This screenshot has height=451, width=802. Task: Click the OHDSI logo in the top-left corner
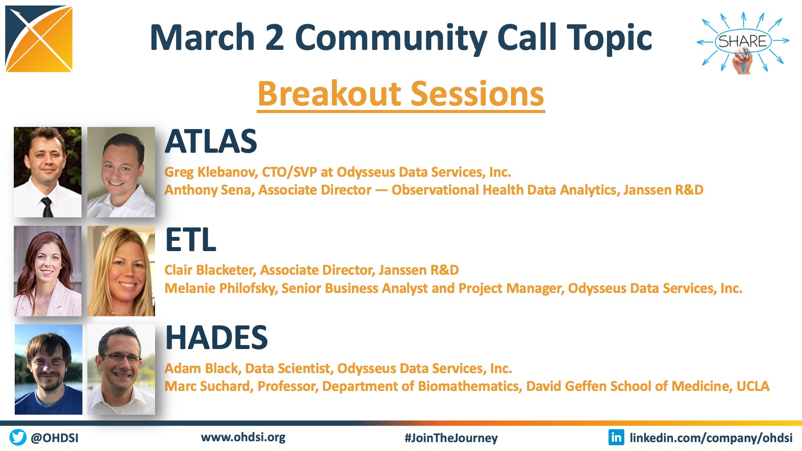[39, 39]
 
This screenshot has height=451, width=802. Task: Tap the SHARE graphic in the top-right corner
[743, 42]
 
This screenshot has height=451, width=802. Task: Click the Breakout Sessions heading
[401, 94]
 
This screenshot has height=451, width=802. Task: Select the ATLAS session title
[211, 142]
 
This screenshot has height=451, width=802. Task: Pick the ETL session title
[191, 240]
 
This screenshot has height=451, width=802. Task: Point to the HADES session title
[217, 338]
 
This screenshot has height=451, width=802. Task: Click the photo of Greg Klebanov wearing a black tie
[48, 172]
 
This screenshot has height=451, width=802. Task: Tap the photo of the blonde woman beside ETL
[121, 271]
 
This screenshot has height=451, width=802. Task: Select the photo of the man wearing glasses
[121, 370]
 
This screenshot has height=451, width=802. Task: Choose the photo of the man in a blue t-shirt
[49, 370]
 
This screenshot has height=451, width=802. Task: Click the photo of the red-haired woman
[48, 271]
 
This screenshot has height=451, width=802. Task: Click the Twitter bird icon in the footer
[18, 437]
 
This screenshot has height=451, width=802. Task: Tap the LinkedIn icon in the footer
[616, 437]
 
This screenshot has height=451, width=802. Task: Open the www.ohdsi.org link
[243, 437]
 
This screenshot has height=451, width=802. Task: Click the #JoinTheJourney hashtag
[451, 438]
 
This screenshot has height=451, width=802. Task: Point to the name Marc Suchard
[209, 386]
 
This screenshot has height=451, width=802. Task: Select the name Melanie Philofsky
[221, 288]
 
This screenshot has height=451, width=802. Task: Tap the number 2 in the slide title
[275, 37]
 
